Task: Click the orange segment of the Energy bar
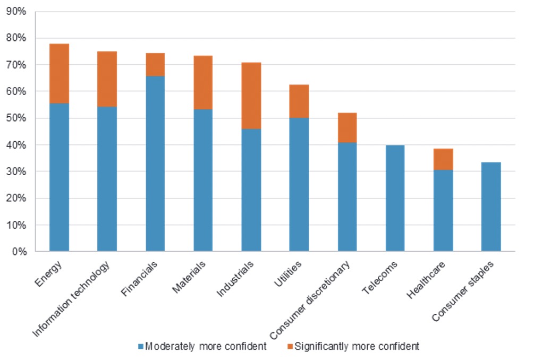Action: tap(59, 73)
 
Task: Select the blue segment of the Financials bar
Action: tap(155, 163)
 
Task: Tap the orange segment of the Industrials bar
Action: tap(251, 96)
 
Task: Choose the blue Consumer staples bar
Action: tap(491, 207)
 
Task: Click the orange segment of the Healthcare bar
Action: tap(443, 159)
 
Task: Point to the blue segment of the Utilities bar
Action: tap(299, 184)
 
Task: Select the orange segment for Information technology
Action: tap(107, 79)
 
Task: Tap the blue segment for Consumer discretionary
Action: tap(347, 196)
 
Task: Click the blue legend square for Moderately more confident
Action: tap(141, 347)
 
